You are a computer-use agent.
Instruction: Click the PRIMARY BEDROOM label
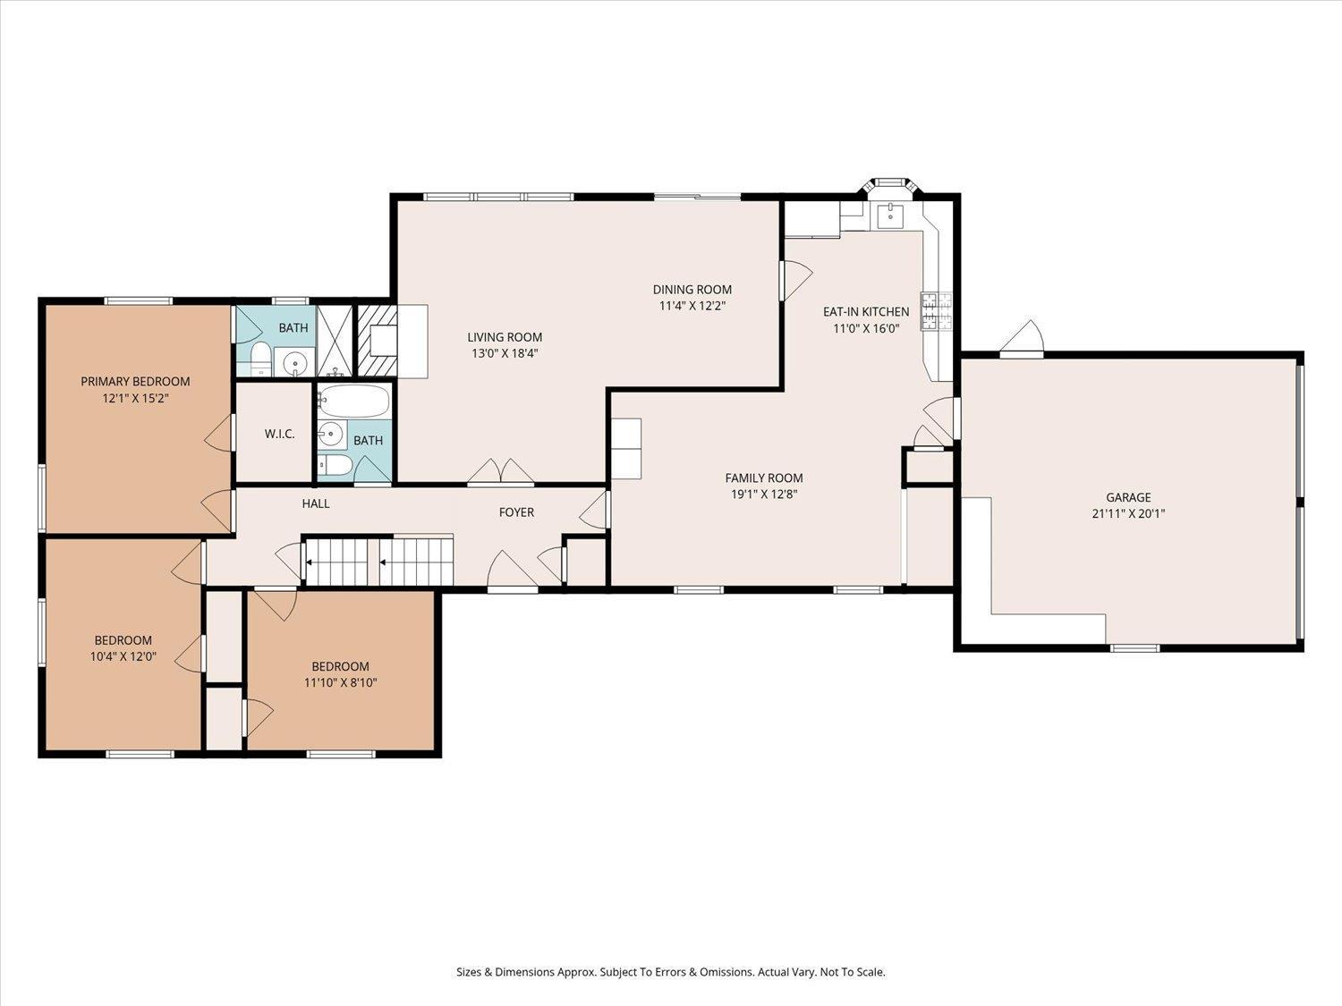pos(135,382)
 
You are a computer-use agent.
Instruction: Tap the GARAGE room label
pos(1128,497)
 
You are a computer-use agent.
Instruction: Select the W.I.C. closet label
pos(279,434)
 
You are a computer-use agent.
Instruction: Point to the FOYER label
pos(516,511)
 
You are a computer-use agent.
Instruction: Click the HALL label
pos(316,503)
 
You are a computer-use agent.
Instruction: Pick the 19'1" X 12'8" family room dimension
pos(764,495)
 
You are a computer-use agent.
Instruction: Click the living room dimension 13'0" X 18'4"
pos(505,353)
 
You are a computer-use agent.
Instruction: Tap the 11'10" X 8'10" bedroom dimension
pos(340,682)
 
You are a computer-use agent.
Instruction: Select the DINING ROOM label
pos(692,290)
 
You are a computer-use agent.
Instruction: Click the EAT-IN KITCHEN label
pos(866,311)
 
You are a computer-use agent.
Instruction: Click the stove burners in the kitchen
pos(937,311)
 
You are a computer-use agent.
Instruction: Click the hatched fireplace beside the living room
pos(377,340)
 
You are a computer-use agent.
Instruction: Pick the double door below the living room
pos(501,471)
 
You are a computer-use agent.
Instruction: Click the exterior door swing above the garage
pos(1022,338)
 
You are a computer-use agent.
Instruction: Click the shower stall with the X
pos(335,340)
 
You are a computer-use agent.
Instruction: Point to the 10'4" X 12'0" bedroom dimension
pos(123,656)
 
